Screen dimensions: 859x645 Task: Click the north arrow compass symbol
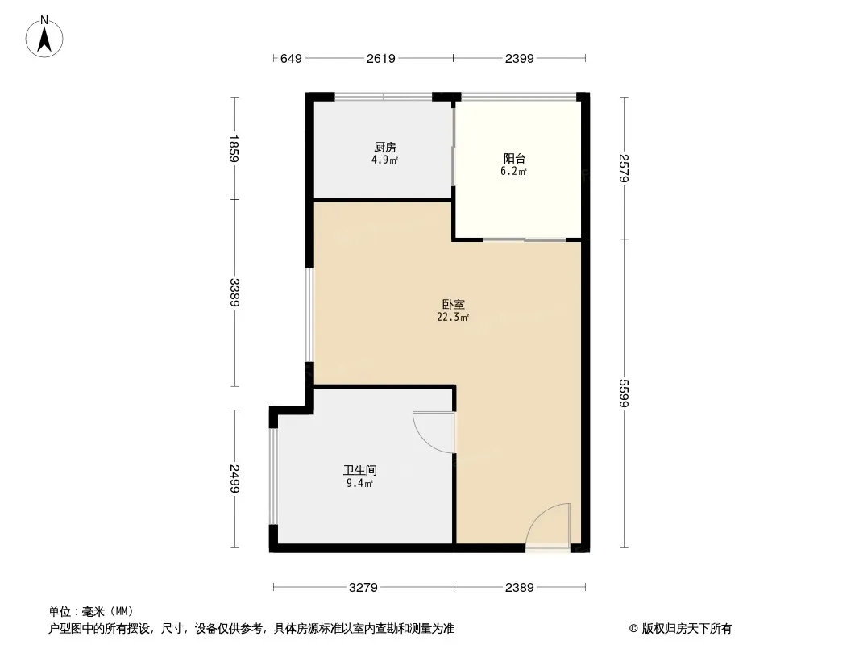(x=44, y=37)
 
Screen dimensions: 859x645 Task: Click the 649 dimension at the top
(x=291, y=59)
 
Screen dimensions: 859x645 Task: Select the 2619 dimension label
(x=380, y=59)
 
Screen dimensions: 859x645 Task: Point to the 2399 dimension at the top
(x=519, y=59)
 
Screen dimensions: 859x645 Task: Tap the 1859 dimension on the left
(x=234, y=148)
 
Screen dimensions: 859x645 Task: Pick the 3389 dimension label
(x=234, y=293)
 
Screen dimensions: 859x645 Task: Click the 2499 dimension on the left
(x=234, y=478)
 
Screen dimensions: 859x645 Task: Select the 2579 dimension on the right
(x=624, y=168)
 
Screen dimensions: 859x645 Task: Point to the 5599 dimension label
(x=624, y=393)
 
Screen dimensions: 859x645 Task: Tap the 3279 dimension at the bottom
(x=363, y=588)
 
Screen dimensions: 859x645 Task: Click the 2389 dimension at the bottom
(x=519, y=588)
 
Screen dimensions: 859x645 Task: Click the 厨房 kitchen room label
(x=385, y=147)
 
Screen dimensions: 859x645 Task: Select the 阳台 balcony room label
(x=514, y=158)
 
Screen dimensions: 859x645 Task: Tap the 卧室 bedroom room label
(x=454, y=304)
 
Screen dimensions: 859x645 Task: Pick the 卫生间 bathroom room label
(x=360, y=470)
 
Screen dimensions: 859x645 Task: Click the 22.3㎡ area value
(x=453, y=318)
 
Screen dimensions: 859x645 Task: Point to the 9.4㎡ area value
(x=360, y=483)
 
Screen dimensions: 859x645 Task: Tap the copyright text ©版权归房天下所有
(x=680, y=629)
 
